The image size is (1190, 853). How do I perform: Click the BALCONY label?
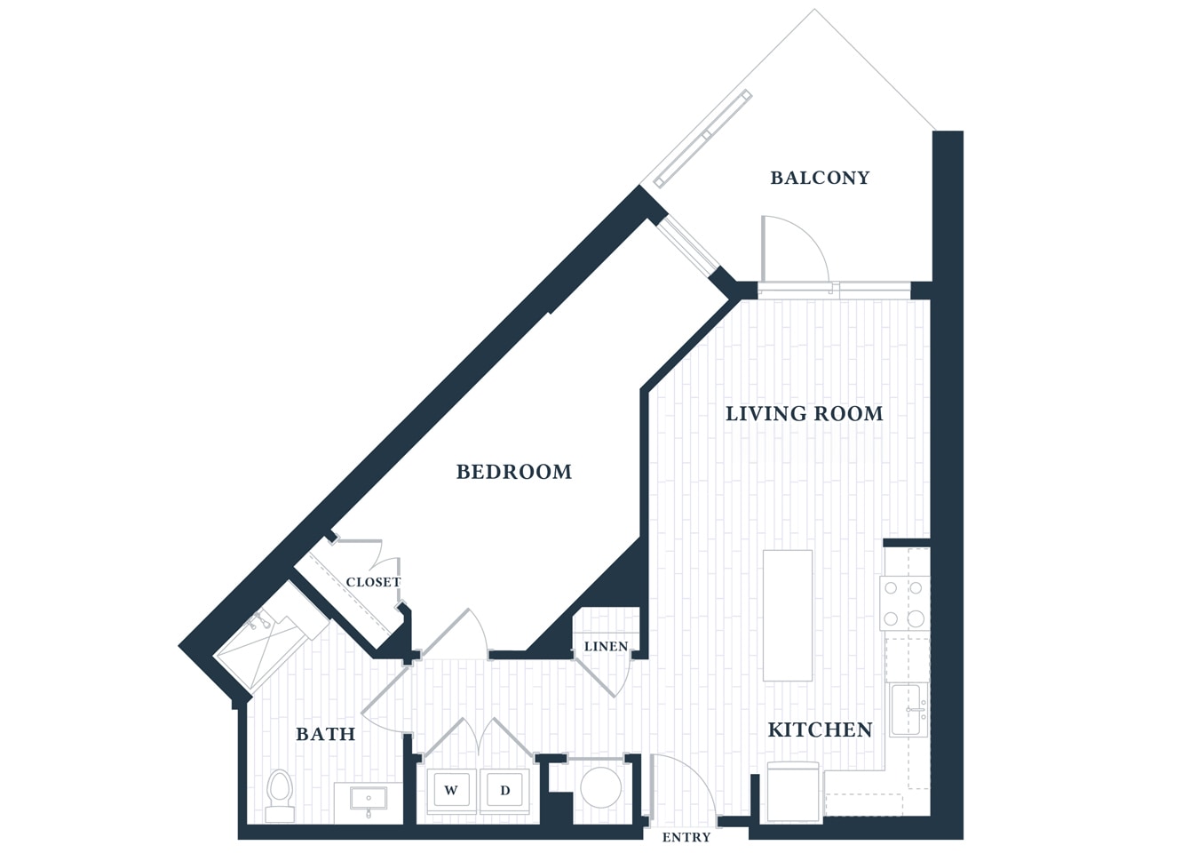click(819, 178)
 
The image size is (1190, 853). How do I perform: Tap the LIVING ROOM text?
click(804, 413)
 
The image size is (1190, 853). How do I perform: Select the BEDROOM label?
click(513, 472)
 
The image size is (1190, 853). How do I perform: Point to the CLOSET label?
click(373, 582)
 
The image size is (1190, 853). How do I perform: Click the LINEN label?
click(606, 646)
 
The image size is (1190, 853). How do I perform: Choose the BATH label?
click(325, 734)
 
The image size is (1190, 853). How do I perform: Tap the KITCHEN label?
click(819, 729)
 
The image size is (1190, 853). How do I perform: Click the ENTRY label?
click(686, 837)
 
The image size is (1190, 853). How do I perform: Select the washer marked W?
click(451, 790)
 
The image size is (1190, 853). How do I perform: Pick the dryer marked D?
click(504, 790)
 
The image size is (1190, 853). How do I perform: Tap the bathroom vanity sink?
click(368, 800)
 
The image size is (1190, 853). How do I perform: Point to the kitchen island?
click(788, 615)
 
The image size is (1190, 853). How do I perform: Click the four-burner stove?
click(904, 603)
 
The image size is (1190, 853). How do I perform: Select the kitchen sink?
click(908, 710)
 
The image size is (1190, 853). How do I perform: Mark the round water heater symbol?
click(600, 787)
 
